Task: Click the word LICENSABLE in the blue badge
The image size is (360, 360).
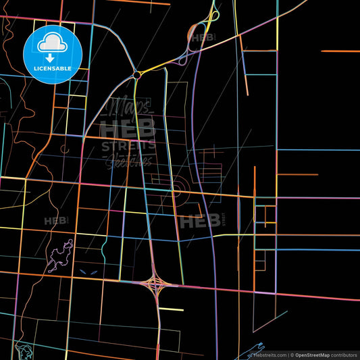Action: pyautogui.click(x=53, y=69)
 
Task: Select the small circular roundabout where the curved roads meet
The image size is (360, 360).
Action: pyautogui.click(x=137, y=74)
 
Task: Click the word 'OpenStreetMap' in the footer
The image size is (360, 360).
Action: pyautogui.click(x=311, y=355)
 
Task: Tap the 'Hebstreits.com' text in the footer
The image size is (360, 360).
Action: pyautogui.click(x=268, y=355)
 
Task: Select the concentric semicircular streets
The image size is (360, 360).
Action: pyautogui.click(x=180, y=188)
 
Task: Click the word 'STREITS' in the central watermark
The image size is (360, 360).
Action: pyautogui.click(x=128, y=145)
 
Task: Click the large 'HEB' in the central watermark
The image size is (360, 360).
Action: pyautogui.click(x=128, y=128)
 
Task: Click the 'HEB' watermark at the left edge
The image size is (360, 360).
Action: pyautogui.click(x=54, y=221)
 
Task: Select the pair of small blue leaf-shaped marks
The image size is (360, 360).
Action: pyautogui.click(x=87, y=272)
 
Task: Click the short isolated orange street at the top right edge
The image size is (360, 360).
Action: pyautogui.click(x=340, y=51)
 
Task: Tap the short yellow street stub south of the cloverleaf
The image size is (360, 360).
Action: pyautogui.click(x=171, y=309)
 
